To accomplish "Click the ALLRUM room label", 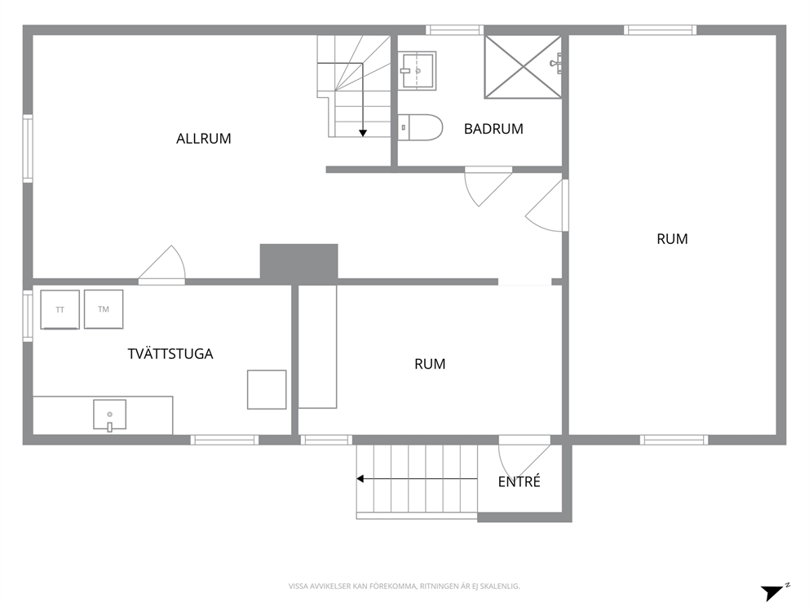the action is (x=203, y=139).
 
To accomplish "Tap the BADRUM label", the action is (x=493, y=129).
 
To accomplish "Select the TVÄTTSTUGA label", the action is (x=170, y=353).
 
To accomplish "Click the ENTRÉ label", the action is (x=519, y=481).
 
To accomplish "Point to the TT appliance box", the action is (x=60, y=309).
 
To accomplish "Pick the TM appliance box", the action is (x=104, y=308).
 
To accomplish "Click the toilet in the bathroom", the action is (x=420, y=127).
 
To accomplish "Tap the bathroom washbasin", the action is (x=418, y=70).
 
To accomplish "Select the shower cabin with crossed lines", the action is (x=523, y=67).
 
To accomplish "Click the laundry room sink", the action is (x=109, y=415).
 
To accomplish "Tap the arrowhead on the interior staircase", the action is (x=363, y=133).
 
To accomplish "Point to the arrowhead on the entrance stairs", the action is (x=360, y=479).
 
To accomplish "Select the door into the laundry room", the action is (x=162, y=264).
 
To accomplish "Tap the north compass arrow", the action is (x=773, y=592).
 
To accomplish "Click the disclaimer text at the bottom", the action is (x=404, y=586).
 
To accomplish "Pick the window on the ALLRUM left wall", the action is (x=28, y=148).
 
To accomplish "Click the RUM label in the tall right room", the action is (x=672, y=239).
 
